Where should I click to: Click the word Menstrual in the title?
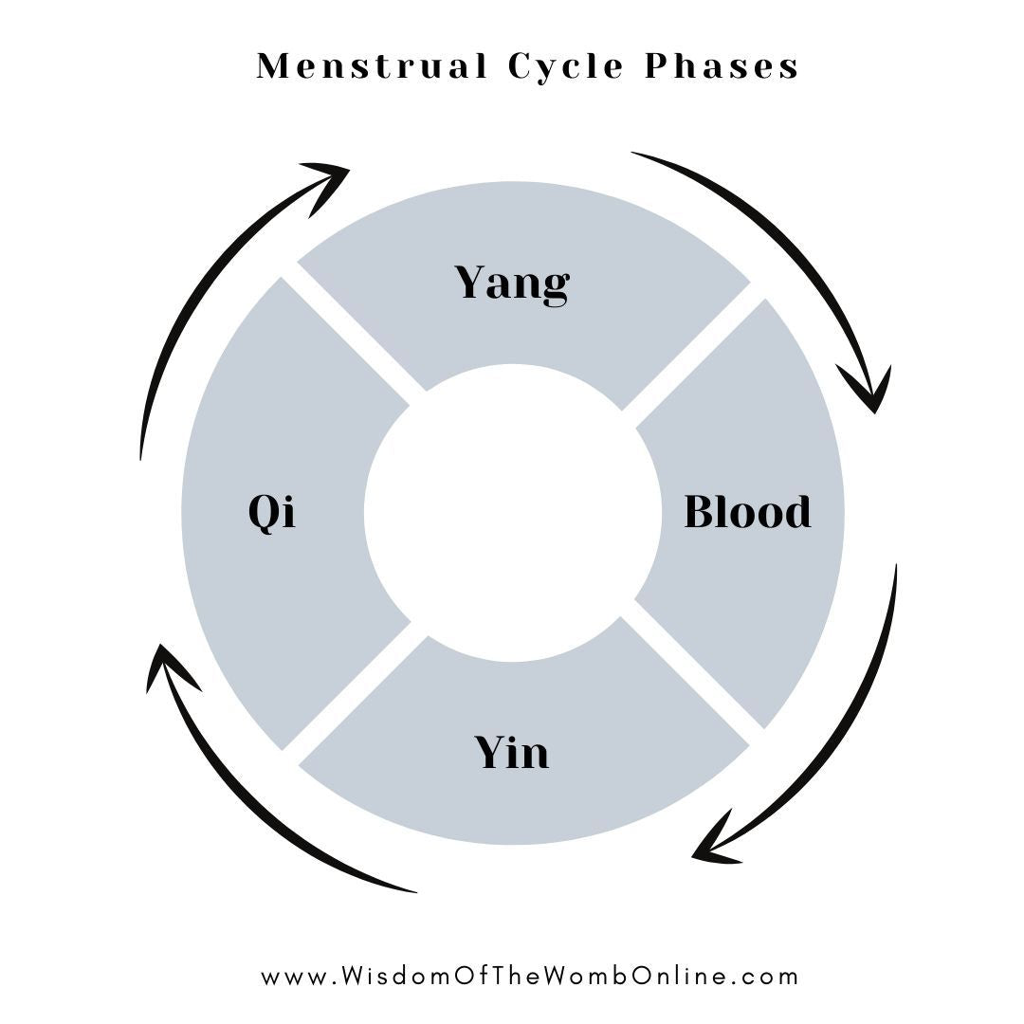pyautogui.click(x=372, y=67)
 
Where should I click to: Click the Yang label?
pyautogui.click(x=512, y=283)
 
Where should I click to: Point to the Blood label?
pyautogui.click(x=747, y=512)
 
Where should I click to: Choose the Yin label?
pyautogui.click(x=512, y=753)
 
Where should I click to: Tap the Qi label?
pyautogui.click(x=272, y=513)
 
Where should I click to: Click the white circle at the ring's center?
pyautogui.click(x=512, y=512)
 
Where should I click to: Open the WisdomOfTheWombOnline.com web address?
pyautogui.click(x=530, y=976)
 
